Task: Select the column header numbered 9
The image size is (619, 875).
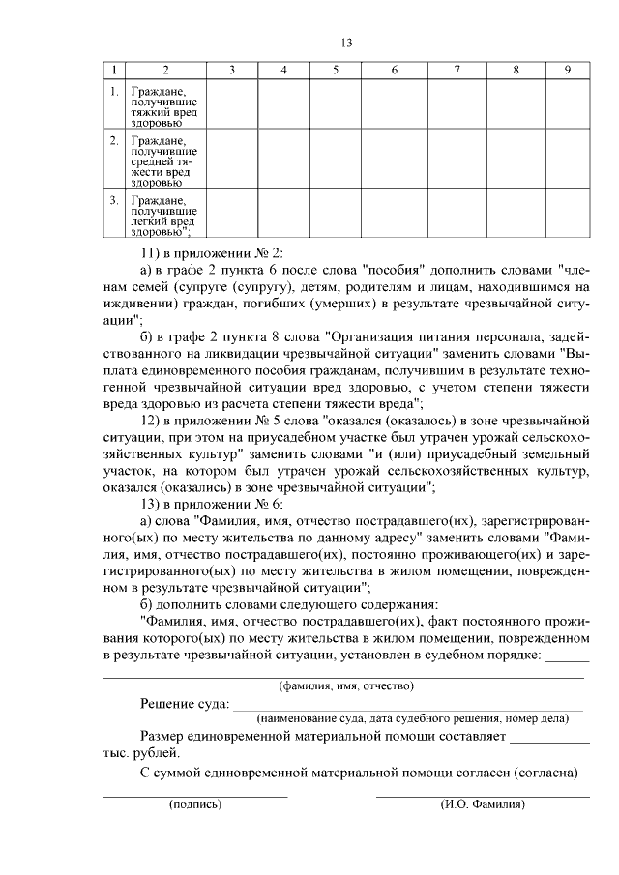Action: click(568, 71)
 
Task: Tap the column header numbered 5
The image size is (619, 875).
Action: click(335, 71)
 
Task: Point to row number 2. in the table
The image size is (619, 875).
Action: click(114, 141)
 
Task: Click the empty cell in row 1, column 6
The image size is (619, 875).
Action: click(395, 105)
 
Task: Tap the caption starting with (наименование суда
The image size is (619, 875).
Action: click(419, 720)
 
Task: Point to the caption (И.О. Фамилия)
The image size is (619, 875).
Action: click(482, 804)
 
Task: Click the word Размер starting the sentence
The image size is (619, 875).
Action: click(164, 738)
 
